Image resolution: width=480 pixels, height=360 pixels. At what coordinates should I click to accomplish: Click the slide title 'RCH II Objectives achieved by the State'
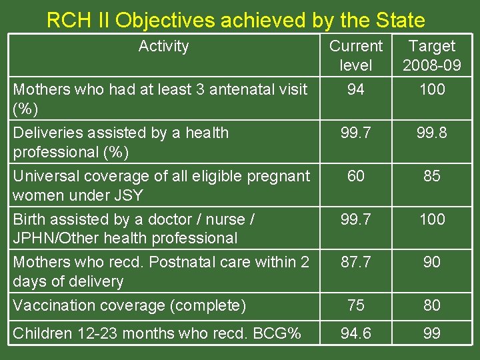point(235,21)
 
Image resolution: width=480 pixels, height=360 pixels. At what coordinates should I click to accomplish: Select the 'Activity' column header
point(163,46)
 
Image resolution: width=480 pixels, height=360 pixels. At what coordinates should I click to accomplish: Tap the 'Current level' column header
point(356,55)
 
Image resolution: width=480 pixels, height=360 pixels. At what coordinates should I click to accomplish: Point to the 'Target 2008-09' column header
point(432,55)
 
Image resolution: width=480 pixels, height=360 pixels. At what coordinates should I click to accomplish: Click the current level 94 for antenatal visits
point(356,89)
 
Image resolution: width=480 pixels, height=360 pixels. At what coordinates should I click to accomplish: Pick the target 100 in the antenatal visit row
point(432,89)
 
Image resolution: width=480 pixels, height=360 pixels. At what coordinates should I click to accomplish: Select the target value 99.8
point(432,133)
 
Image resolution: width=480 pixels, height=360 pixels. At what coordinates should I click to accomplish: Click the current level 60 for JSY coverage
point(356,176)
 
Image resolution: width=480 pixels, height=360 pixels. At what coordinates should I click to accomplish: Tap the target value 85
point(432,176)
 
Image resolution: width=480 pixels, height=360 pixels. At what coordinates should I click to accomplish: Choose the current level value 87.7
point(356,262)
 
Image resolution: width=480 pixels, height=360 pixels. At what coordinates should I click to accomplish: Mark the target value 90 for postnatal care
point(432,262)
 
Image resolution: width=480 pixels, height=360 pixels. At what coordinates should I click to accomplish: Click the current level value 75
point(356,305)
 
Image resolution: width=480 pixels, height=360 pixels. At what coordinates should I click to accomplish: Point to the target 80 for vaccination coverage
point(432,305)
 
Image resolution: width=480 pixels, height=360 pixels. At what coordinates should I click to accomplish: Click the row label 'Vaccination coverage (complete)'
point(129,305)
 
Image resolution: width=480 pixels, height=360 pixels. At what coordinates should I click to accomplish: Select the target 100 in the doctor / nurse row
point(432,219)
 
